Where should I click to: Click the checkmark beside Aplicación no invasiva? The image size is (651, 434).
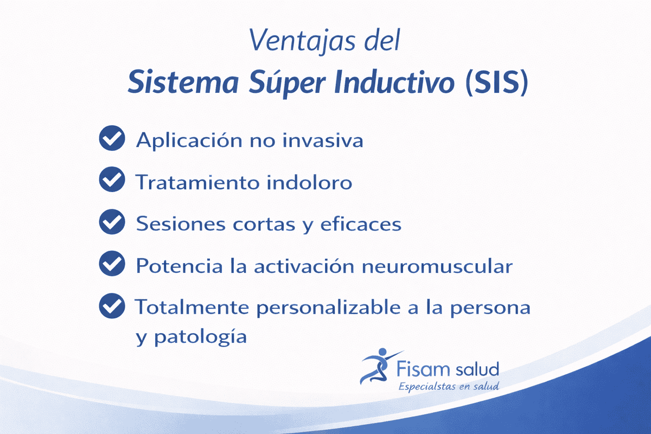[x=112, y=139]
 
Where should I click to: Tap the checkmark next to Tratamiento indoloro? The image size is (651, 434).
[x=112, y=181]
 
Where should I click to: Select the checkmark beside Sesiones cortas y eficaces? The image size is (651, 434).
[x=112, y=222]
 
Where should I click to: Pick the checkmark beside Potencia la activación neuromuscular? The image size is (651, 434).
[x=112, y=265]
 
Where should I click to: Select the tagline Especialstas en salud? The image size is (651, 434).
[x=448, y=387]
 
